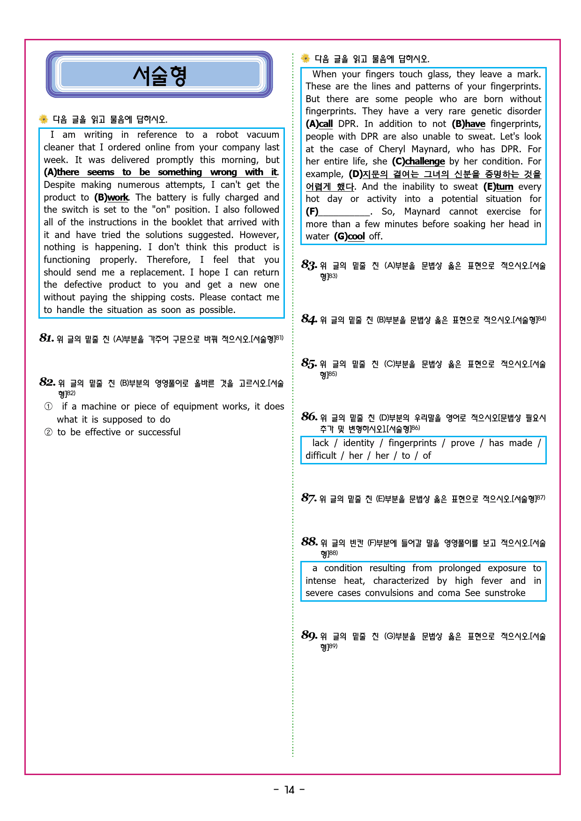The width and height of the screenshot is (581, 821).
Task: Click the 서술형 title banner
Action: [x=159, y=75]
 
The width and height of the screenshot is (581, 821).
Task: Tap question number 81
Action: [x=46, y=338]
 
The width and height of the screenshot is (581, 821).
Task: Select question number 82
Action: [x=47, y=382]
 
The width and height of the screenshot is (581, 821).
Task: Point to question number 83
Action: [x=309, y=265]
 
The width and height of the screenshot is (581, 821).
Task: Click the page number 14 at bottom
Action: [x=290, y=790]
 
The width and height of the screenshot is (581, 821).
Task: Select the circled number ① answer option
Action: [x=48, y=406]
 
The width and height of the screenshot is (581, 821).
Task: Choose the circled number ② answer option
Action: [x=48, y=432]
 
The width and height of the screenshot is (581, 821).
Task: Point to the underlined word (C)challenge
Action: [x=418, y=161]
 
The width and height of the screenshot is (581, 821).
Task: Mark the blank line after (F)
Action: [x=344, y=212]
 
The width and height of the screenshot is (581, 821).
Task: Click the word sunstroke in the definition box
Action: [x=505, y=593]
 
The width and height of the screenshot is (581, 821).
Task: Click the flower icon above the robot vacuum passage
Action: [x=44, y=119]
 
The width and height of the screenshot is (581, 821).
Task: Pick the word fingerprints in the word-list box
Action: [x=412, y=443]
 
